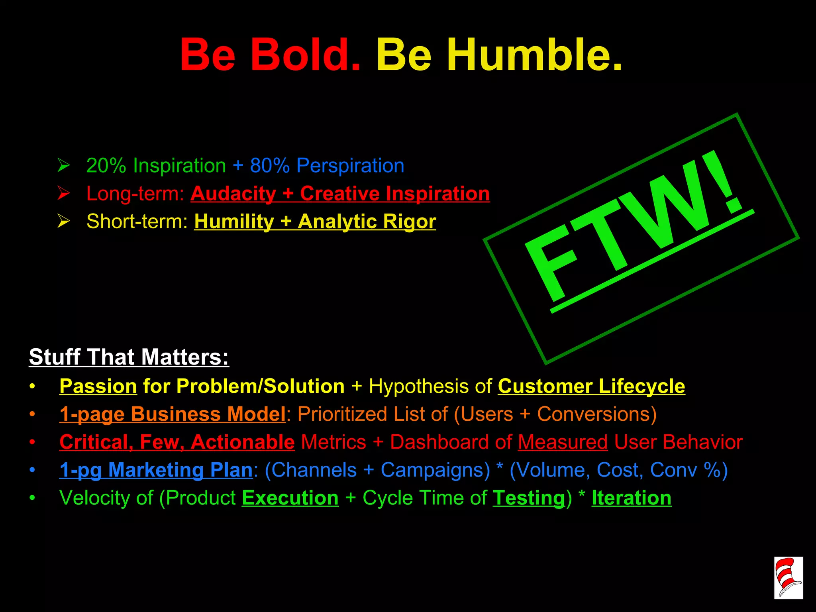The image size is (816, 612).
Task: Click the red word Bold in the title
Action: [x=305, y=55]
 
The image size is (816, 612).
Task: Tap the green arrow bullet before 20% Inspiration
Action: [x=63, y=165]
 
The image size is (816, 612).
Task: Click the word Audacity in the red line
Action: [x=233, y=194]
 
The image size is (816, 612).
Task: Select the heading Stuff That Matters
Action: [x=129, y=357]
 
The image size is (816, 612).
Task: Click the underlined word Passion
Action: [x=98, y=386]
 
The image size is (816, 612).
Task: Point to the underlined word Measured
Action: [x=563, y=442]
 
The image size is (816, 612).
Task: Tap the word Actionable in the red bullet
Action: [x=242, y=442]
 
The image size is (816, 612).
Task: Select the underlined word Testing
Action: [x=529, y=498]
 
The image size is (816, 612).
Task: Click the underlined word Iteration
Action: [x=631, y=498]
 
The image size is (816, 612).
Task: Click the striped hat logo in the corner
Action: [x=788, y=577]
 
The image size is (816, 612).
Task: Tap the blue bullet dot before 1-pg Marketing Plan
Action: [x=32, y=470]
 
